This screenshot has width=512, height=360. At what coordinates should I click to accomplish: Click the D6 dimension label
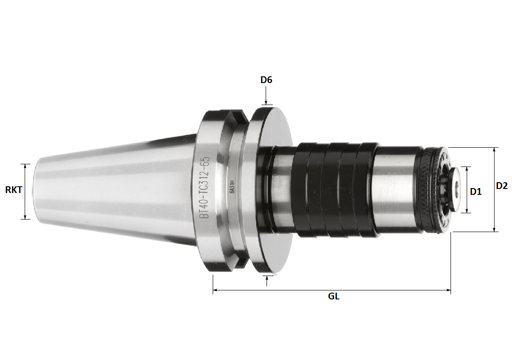point(266,80)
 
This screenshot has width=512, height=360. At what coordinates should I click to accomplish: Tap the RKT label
point(14,190)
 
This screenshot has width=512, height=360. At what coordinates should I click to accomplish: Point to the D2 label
point(502,185)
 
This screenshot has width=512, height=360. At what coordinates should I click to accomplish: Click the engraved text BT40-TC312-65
point(203,188)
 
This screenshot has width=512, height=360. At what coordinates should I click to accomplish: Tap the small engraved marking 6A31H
point(232,186)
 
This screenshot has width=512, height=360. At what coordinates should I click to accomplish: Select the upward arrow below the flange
point(267,280)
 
